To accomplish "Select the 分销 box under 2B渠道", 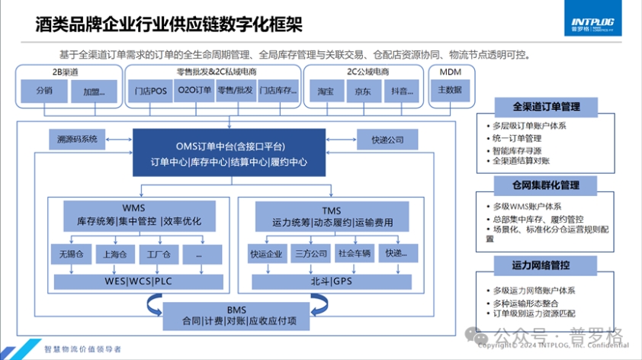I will pos(45,92).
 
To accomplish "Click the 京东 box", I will pos(363,92).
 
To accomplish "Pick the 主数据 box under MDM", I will pos(450,90).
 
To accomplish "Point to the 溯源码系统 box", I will pos(77,139).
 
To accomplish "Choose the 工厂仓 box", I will pos(159,253).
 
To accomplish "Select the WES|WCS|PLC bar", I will pos(139,281).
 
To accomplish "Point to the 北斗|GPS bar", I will pos(331,281).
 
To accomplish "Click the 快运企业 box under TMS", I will pos(266,253).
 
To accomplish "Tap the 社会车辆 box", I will pos(355,253).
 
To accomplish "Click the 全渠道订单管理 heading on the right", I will pos(545,107).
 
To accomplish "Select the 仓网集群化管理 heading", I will pos(545,185).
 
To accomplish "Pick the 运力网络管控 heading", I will pos(545,265).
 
